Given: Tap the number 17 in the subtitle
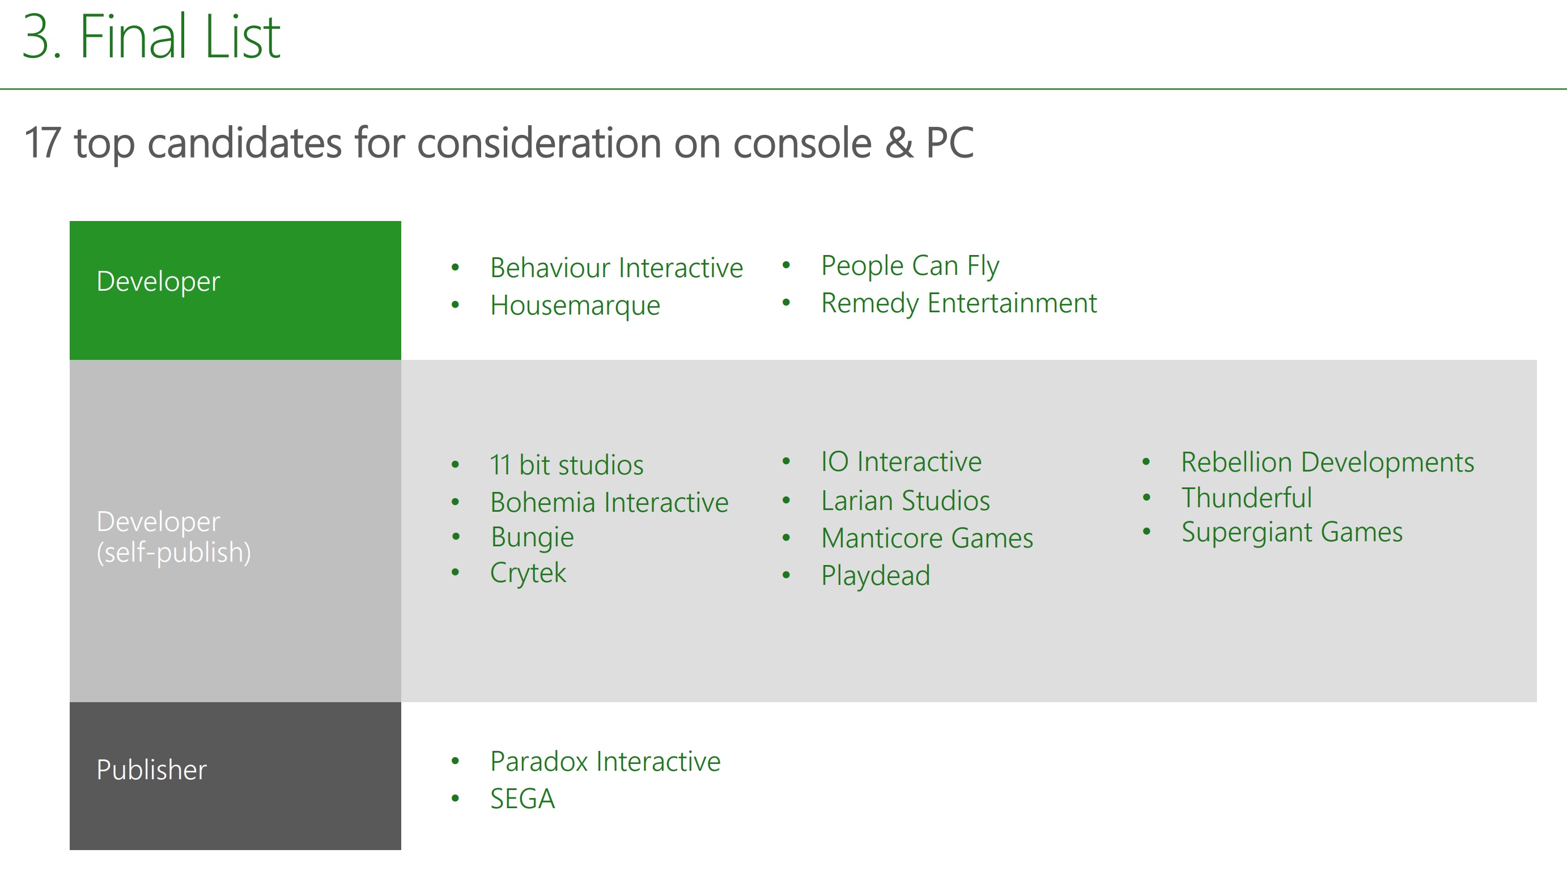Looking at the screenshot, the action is tap(43, 143).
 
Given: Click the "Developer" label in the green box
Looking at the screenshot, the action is tap(158, 281).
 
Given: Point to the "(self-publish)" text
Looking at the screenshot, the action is tap(174, 553).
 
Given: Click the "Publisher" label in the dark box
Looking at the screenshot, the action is tap(151, 770).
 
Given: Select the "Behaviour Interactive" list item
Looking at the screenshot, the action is tap(617, 267).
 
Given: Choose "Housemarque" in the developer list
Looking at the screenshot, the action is tap(575, 305).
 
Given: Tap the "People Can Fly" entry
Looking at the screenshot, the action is tap(910, 266).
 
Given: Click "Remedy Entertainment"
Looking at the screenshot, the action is tap(959, 303).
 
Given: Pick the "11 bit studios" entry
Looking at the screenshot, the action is tap(567, 465).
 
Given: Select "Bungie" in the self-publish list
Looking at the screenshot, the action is tap(532, 538).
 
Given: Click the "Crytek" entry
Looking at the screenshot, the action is tap(528, 573).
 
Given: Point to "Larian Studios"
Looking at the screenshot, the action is tap(906, 500).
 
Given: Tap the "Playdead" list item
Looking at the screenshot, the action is tap(876, 575).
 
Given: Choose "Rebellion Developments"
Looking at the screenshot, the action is tap(1328, 462).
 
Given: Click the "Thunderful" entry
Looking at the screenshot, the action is tap(1247, 498).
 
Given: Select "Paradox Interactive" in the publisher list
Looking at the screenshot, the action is tap(605, 762).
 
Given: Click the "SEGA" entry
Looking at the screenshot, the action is tap(523, 799).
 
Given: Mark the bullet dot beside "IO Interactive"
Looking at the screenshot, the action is tap(786, 462).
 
